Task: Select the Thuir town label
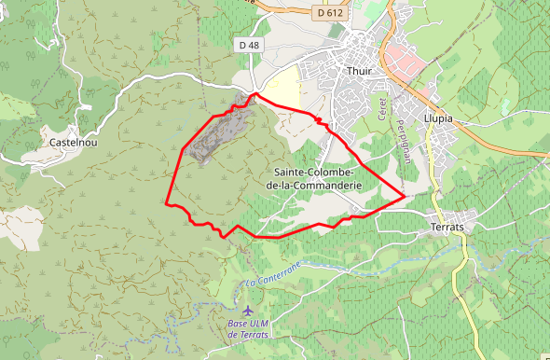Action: [x=358, y=71]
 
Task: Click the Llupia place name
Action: [x=437, y=118]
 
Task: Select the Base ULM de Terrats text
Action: [x=248, y=329]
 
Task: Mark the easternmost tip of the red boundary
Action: [x=405, y=196]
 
